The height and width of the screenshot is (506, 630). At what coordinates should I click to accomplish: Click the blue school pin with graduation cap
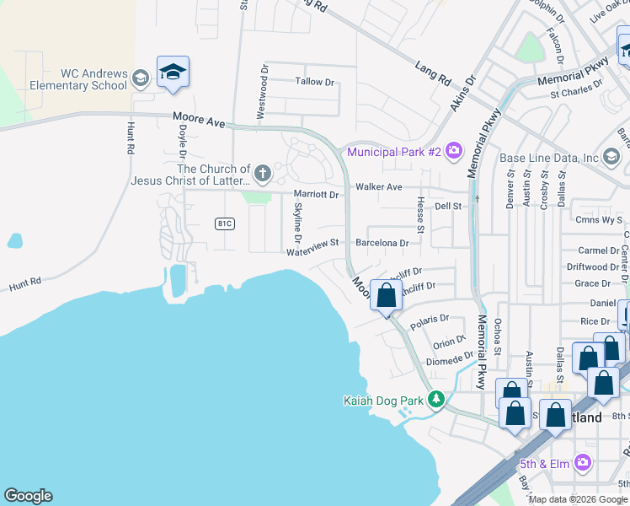click(x=173, y=73)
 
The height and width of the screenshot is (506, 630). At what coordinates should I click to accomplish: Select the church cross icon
click(x=263, y=175)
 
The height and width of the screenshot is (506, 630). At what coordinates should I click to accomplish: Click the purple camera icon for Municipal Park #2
click(x=455, y=152)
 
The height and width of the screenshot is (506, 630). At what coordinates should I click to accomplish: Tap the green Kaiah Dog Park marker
click(x=436, y=399)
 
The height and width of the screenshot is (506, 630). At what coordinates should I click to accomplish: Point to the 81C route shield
click(x=224, y=223)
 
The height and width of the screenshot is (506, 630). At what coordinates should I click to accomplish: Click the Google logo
click(x=28, y=496)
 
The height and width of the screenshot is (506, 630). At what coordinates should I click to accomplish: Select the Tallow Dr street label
click(x=315, y=82)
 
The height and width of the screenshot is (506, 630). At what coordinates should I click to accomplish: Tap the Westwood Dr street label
click(x=264, y=94)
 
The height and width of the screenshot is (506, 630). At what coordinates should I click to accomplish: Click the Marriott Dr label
click(x=315, y=194)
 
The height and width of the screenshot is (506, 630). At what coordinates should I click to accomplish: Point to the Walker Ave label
click(x=379, y=186)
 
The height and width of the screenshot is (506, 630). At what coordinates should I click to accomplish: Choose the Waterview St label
click(x=312, y=243)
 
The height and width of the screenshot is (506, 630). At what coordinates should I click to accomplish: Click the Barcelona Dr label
click(x=382, y=243)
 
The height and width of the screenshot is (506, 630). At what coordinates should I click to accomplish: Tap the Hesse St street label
click(x=419, y=211)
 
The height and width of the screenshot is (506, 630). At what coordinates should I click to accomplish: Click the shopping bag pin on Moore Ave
click(x=387, y=297)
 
